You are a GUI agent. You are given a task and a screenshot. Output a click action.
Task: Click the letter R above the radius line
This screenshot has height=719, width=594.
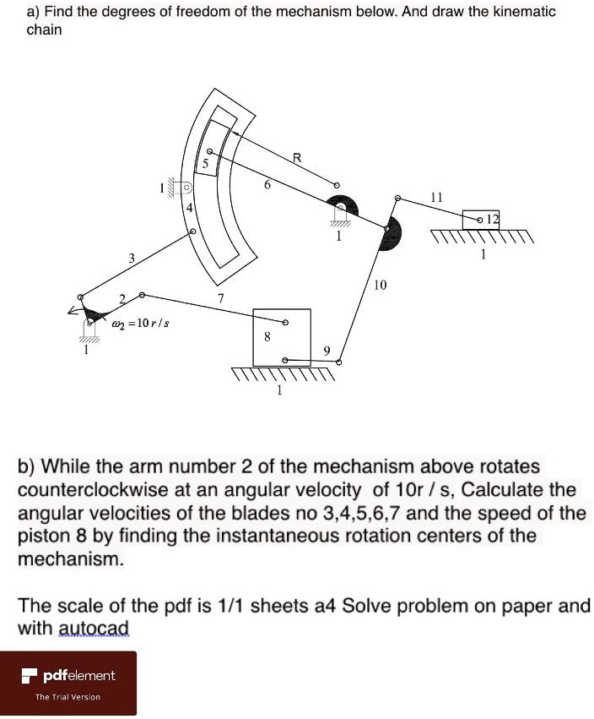pyautogui.click(x=296, y=157)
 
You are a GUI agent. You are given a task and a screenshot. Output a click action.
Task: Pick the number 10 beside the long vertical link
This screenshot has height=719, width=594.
pyautogui.click(x=380, y=286)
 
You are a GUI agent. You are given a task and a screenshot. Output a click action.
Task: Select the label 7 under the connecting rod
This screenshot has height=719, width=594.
pyautogui.click(x=220, y=299)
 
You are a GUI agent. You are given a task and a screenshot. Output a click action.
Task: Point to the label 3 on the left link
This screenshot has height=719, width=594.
pyautogui.click(x=131, y=257)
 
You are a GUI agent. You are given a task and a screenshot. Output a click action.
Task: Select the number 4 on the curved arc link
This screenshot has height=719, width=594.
pyautogui.click(x=190, y=209)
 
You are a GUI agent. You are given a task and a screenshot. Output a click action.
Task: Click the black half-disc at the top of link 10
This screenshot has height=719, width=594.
pyautogui.click(x=391, y=233)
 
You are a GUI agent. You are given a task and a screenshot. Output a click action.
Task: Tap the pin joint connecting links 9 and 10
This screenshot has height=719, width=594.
pyautogui.click(x=339, y=362)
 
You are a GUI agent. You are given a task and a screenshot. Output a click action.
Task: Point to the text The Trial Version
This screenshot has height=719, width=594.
pyautogui.click(x=67, y=697)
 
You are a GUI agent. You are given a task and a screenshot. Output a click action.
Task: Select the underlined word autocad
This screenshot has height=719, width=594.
pyautogui.click(x=93, y=628)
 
